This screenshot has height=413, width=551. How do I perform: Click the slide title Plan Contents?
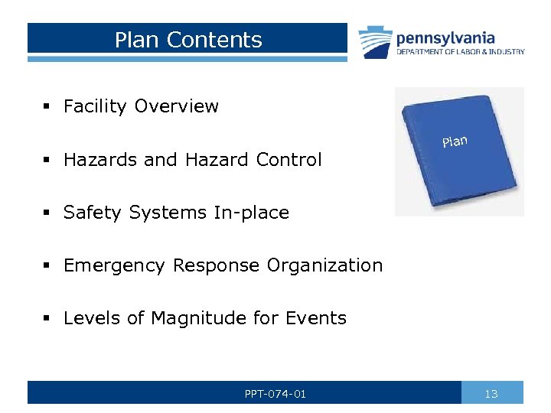click(x=188, y=40)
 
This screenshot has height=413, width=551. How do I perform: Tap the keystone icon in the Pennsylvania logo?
click(x=375, y=42)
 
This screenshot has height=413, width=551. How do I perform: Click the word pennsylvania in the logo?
click(x=445, y=37)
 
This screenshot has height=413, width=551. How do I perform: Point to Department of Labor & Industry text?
click(x=460, y=52)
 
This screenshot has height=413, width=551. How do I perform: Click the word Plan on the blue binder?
click(x=454, y=141)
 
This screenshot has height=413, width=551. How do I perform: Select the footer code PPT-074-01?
click(x=275, y=394)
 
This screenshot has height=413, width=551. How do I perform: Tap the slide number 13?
click(x=491, y=394)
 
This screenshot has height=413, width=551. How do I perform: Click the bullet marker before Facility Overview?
click(x=47, y=107)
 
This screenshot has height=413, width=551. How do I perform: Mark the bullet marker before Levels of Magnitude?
click(x=47, y=319)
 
